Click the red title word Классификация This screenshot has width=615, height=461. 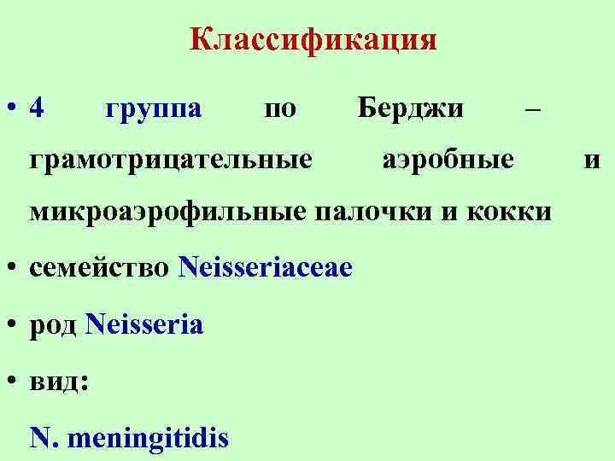coord(313,40)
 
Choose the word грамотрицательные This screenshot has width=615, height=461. coord(171,160)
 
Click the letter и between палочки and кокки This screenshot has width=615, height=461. coord(449,211)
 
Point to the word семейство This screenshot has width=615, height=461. coord(100,268)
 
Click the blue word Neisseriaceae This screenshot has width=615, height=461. coord(265,267)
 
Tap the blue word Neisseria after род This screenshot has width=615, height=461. coord(144,324)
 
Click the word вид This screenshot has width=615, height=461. coord(56,382)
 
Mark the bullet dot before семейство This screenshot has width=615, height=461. coord(12,268)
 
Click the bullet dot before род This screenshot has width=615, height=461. coord(12,325)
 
